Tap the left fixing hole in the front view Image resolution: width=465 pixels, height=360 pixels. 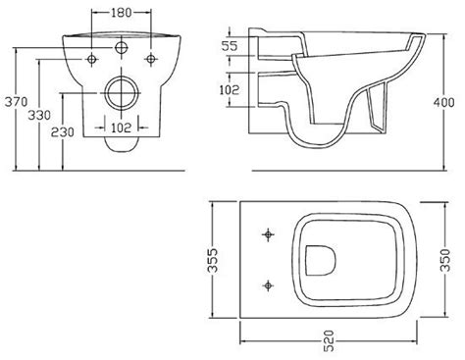click(x=91, y=59)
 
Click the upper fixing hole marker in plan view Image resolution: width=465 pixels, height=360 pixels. click(x=267, y=234)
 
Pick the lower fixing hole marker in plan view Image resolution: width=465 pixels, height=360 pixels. click(x=267, y=285)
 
